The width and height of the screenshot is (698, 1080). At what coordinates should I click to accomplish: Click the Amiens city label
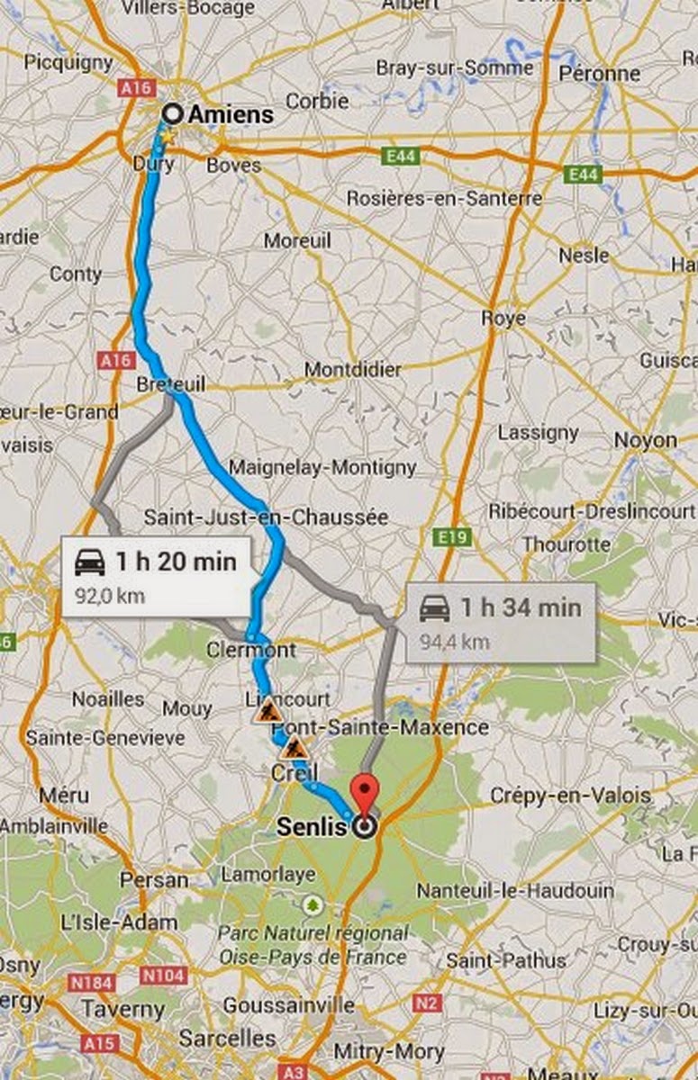[x=230, y=114]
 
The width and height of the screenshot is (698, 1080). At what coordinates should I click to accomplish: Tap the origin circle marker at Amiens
[x=172, y=113]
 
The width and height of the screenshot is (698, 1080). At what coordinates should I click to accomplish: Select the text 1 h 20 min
[x=176, y=562]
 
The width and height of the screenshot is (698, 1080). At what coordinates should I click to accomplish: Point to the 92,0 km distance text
[x=110, y=596]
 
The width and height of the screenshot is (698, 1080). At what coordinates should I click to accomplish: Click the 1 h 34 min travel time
[x=521, y=607]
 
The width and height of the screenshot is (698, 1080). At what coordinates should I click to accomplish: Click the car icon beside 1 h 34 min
[x=435, y=608]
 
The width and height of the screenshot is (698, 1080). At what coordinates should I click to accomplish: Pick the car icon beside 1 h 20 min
[x=90, y=563]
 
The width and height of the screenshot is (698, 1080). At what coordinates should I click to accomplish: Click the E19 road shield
[x=456, y=537]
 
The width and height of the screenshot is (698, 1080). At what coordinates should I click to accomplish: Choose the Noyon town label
[x=645, y=440]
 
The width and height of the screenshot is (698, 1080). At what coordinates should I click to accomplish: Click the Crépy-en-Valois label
[x=569, y=796]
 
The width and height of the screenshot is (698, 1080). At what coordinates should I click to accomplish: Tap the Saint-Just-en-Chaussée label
[x=266, y=517]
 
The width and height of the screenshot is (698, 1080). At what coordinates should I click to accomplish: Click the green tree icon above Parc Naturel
[x=313, y=902]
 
